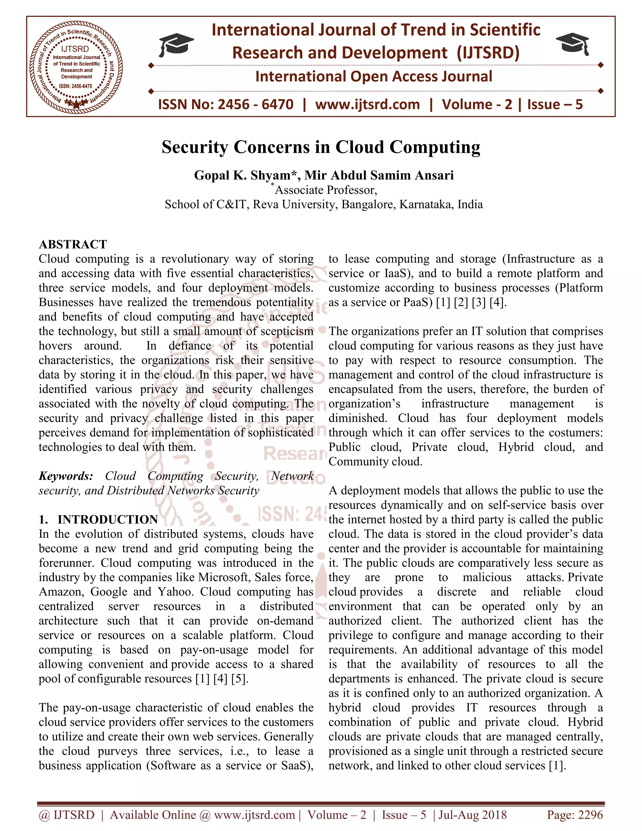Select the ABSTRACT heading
coord(73,244)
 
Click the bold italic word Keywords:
coord(66,476)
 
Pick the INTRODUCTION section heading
coord(108,519)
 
